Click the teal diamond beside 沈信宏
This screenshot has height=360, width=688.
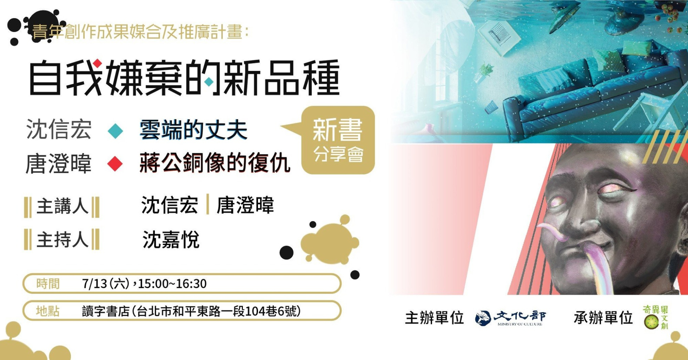(x=115, y=131)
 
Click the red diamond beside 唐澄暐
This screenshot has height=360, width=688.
(x=115, y=164)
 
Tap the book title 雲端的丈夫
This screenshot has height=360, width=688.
(x=193, y=130)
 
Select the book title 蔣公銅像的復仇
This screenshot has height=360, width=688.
(x=215, y=163)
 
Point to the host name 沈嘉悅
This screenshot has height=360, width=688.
(x=171, y=240)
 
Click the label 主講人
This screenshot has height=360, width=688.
(x=62, y=206)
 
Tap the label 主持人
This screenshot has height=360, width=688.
(x=62, y=240)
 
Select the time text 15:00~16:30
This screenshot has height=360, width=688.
(x=172, y=283)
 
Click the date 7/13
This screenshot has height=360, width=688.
(x=94, y=283)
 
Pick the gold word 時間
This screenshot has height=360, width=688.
(x=48, y=283)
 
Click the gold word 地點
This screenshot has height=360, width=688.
(x=48, y=311)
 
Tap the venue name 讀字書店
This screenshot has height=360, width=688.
(x=106, y=311)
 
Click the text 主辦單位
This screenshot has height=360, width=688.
(x=435, y=318)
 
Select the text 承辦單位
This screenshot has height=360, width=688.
(x=603, y=318)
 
